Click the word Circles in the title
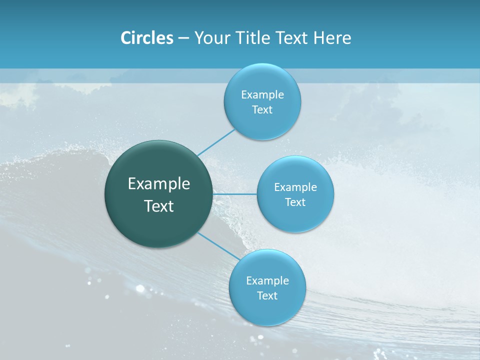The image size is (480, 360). [147, 38]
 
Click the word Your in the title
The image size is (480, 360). [210, 38]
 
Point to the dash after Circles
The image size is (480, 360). [183, 38]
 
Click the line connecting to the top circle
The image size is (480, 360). [216, 142]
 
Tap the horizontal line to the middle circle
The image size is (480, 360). [235, 194]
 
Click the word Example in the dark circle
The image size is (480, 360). [159, 184]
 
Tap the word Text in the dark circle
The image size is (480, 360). [159, 206]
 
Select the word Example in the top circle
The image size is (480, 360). [262, 95]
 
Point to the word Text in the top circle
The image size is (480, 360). [262, 110]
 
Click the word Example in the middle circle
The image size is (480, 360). [295, 187]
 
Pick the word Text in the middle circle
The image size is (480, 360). [295, 202]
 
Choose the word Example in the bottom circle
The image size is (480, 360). [267, 281]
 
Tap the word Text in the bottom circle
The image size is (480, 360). [267, 296]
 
